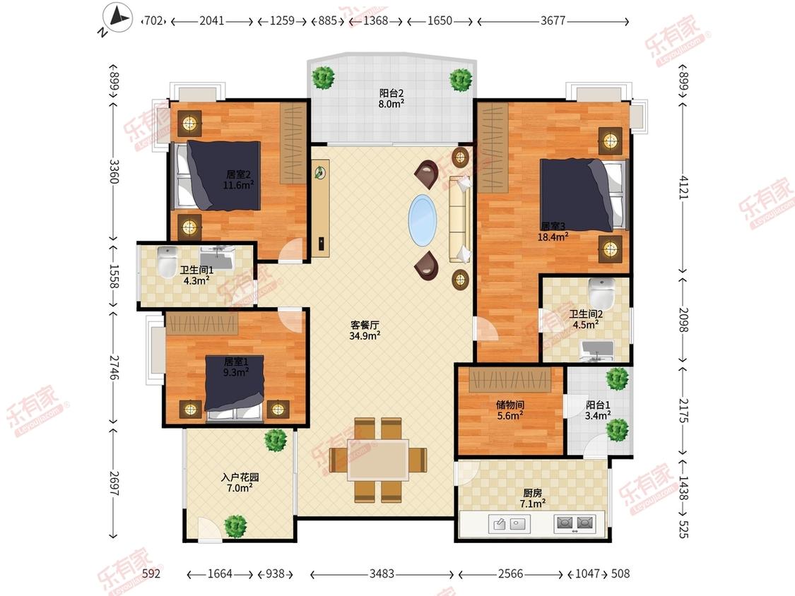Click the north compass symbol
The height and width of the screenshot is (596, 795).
[117, 18]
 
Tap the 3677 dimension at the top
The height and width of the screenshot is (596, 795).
[553, 20]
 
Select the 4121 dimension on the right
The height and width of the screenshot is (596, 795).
[684, 187]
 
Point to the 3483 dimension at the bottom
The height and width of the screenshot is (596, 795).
[382, 573]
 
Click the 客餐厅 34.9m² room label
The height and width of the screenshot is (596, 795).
[365, 330]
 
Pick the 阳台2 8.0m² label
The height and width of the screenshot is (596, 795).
[391, 98]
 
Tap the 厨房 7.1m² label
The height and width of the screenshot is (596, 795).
[532, 498]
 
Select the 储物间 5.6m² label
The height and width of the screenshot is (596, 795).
[510, 410]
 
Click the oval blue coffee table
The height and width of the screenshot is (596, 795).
[423, 220]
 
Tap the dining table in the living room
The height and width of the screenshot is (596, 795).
[378, 460]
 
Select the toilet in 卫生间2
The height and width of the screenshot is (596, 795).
[602, 294]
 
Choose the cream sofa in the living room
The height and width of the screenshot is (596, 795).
[459, 220]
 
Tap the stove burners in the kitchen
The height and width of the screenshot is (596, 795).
[575, 523]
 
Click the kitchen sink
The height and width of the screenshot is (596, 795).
[510, 524]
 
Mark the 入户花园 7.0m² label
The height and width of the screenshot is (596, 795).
[240, 482]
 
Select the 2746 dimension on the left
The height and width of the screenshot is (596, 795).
[114, 367]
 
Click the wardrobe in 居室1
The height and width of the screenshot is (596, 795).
[202, 323]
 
